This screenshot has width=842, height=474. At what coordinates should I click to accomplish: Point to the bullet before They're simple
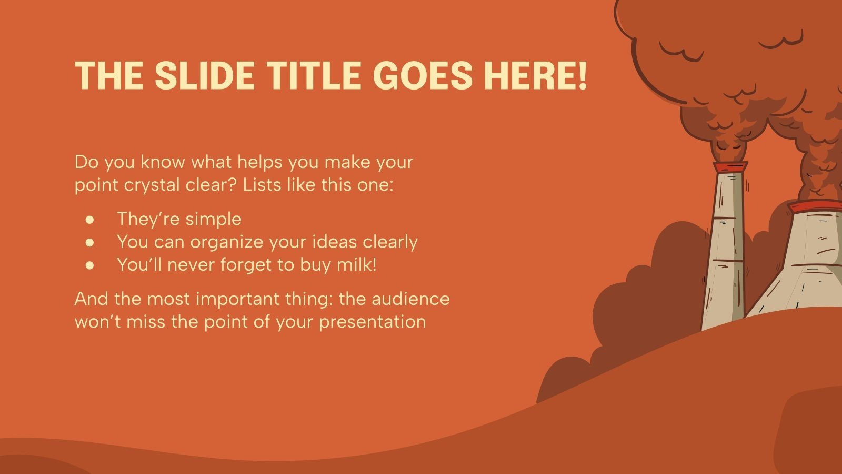pos(89,220)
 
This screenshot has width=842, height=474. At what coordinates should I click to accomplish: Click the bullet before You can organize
pos(89,243)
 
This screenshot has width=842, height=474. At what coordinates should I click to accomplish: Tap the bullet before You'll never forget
pos(89,265)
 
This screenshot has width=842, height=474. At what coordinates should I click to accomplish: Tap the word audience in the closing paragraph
pos(410,299)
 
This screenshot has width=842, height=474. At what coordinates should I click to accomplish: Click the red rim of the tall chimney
pos(730,167)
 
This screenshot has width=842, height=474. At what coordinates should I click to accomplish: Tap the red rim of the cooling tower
pos(815,206)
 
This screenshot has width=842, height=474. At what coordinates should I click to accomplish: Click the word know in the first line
pos(163,162)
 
